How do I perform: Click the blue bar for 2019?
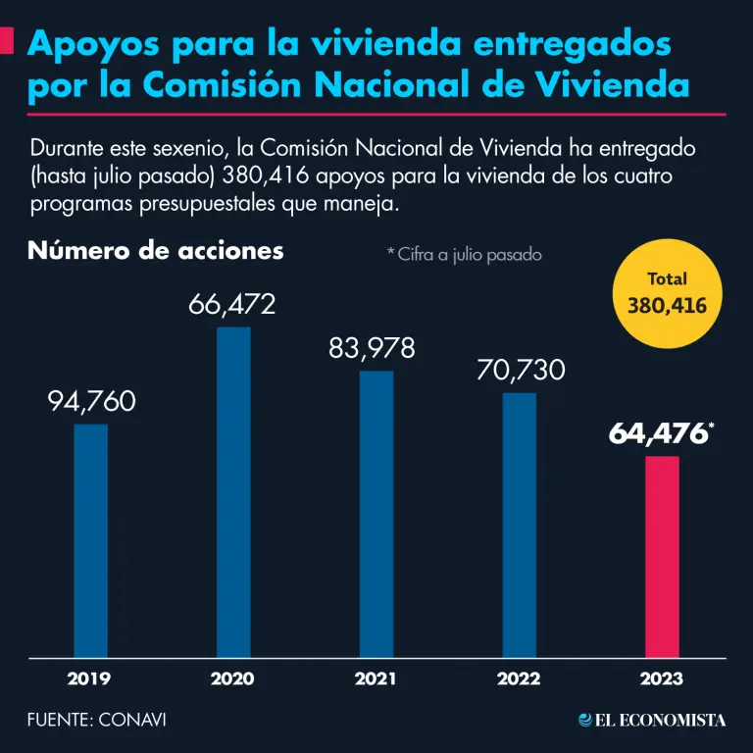[91, 539]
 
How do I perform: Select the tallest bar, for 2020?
[233, 490]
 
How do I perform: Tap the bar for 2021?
[376, 513]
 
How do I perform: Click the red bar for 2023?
[662, 556]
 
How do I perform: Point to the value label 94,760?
[91, 402]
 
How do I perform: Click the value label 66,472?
[232, 305]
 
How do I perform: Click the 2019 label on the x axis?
[89, 678]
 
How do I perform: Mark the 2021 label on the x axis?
[376, 678]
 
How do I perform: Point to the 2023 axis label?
[662, 678]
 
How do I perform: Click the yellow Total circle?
[667, 294]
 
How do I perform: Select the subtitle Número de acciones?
[156, 251]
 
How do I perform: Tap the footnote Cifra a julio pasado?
[464, 255]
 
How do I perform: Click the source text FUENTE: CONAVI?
[96, 720]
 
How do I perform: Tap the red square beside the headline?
[6, 42]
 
